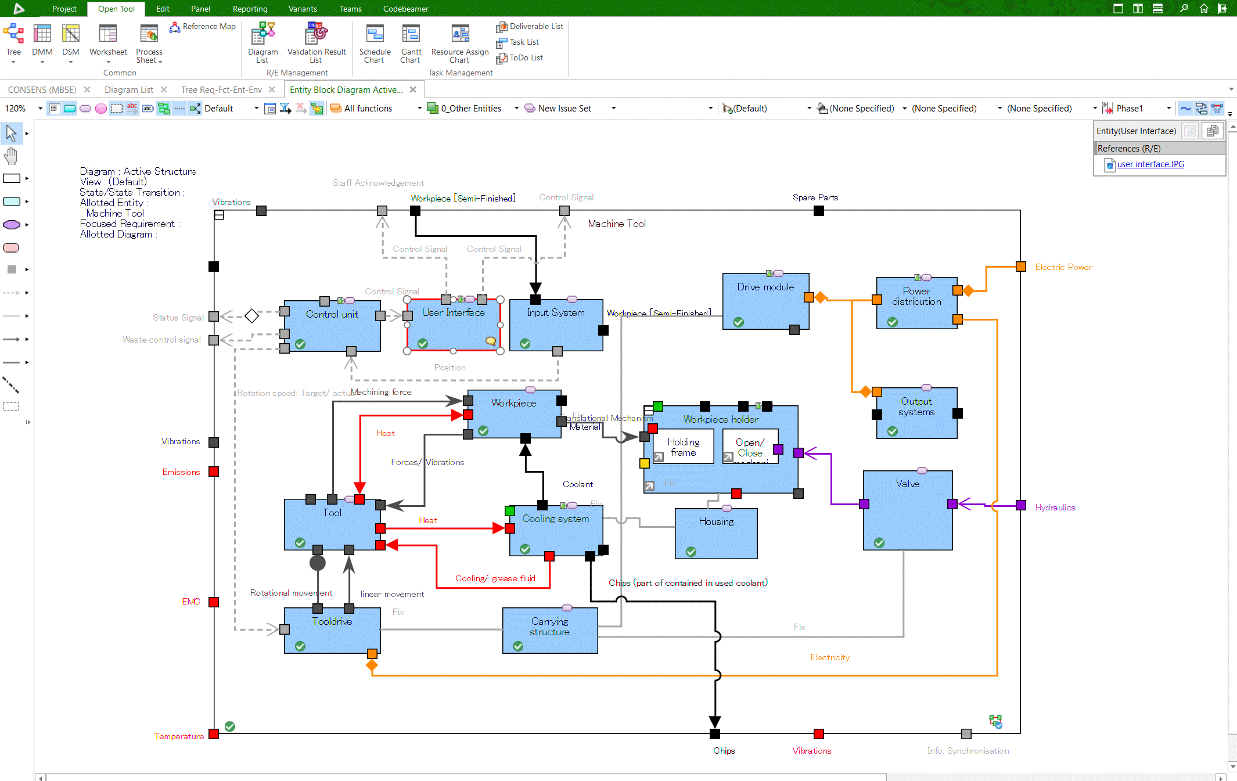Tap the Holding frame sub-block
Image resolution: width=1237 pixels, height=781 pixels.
click(x=684, y=447)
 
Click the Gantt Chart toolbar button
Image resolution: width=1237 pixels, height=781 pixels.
click(x=411, y=44)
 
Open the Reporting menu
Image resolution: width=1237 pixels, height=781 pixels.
click(x=250, y=9)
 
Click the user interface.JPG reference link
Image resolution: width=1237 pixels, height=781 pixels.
click(x=1150, y=164)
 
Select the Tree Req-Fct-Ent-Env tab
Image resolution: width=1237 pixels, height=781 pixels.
click(x=221, y=89)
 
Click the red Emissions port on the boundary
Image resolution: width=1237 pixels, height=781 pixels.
click(x=214, y=472)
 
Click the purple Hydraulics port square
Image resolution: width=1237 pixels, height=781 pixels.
click(x=1020, y=505)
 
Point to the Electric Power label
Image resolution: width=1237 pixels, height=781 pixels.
click(x=1063, y=267)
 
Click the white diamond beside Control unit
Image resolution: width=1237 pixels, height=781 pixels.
click(x=251, y=316)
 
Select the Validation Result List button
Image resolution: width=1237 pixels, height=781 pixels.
click(x=317, y=44)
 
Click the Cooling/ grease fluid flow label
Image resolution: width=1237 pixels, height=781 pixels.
click(x=495, y=578)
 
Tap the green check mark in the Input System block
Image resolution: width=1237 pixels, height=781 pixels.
click(x=525, y=343)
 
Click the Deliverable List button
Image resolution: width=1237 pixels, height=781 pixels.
click(x=530, y=27)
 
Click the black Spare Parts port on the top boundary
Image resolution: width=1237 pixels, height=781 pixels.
click(x=819, y=211)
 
